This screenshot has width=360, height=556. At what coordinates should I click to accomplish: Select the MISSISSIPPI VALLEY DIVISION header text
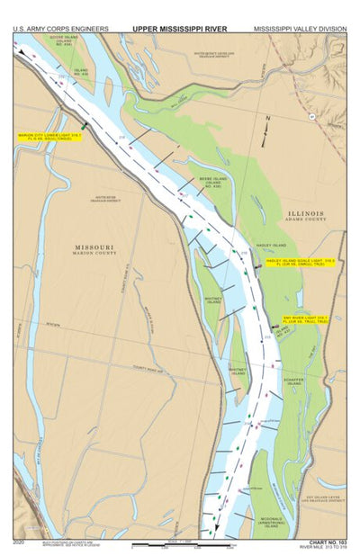[x=301, y=29]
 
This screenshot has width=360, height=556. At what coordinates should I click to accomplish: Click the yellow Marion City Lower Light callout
[x=49, y=137]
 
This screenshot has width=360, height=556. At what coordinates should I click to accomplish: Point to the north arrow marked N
[x=266, y=121]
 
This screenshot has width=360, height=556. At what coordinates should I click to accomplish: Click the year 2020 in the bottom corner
[x=20, y=543]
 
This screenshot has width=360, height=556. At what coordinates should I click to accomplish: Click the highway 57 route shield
[x=311, y=115]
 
